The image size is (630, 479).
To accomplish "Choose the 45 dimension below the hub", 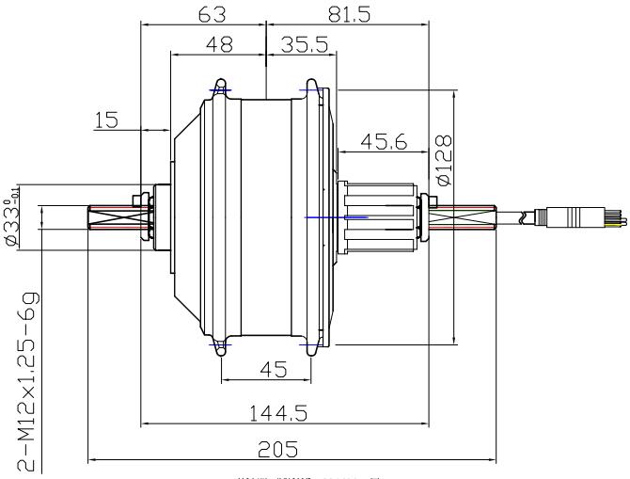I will click(273, 370).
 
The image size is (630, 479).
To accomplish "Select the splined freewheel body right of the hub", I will click(378, 217).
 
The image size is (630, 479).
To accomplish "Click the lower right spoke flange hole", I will click(310, 346).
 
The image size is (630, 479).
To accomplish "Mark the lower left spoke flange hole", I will click(220, 346).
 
